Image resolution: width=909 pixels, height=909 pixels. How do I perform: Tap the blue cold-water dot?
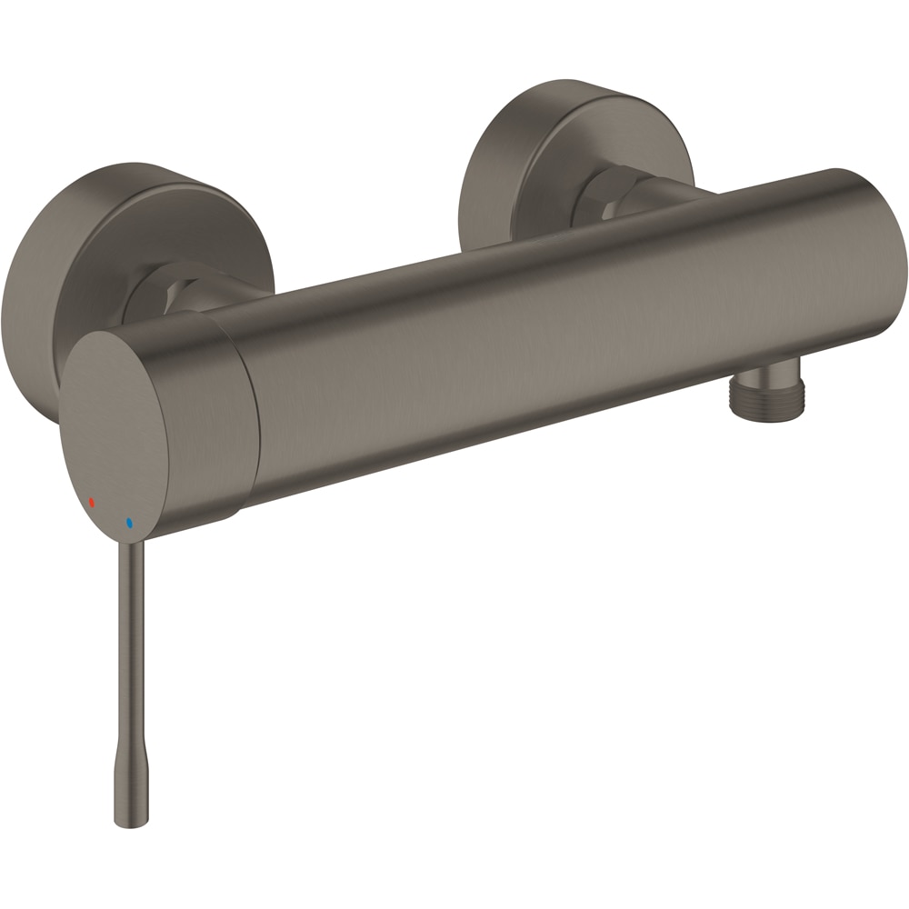[x=129, y=524]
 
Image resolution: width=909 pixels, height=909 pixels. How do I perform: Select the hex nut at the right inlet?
[x=604, y=191]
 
